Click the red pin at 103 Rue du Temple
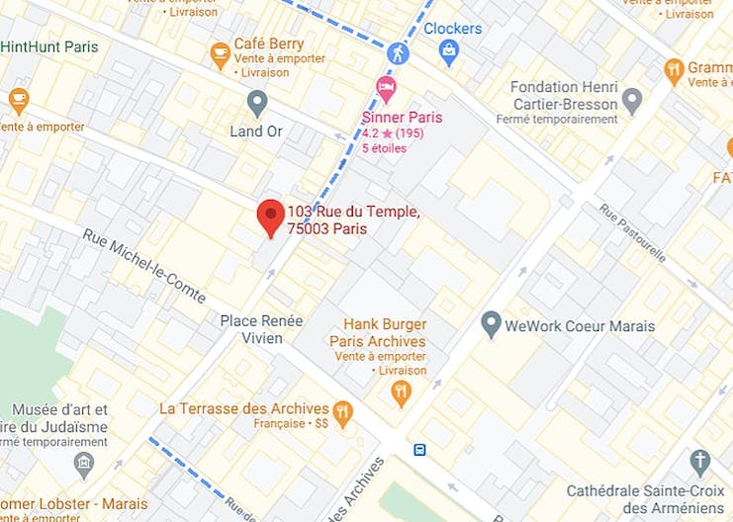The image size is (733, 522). pyautogui.click(x=271, y=216)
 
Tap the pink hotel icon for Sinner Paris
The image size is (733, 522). pyautogui.click(x=386, y=89)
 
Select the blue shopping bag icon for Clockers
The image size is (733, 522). pyautogui.click(x=449, y=51)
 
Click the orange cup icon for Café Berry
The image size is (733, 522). pyautogui.click(x=220, y=54)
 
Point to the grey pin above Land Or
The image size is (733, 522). pyautogui.click(x=257, y=102)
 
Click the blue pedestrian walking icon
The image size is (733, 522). pyautogui.click(x=398, y=51)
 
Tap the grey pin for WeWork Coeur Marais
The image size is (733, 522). pyautogui.click(x=491, y=323)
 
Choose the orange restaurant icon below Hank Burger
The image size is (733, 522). pyautogui.click(x=401, y=392)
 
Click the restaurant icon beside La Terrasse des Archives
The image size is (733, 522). pyautogui.click(x=343, y=411)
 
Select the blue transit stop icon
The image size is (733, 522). pyautogui.click(x=420, y=450)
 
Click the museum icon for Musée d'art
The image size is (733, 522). pyautogui.click(x=84, y=463)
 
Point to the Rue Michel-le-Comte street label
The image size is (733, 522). pyautogui.click(x=144, y=267)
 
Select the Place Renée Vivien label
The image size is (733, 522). pyautogui.click(x=261, y=329)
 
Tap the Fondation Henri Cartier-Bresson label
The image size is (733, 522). pyautogui.click(x=564, y=95)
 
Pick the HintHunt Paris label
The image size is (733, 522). pyautogui.click(x=49, y=46)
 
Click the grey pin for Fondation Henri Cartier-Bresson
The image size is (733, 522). pyautogui.click(x=632, y=99)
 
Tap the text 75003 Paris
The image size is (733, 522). pyautogui.click(x=326, y=229)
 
